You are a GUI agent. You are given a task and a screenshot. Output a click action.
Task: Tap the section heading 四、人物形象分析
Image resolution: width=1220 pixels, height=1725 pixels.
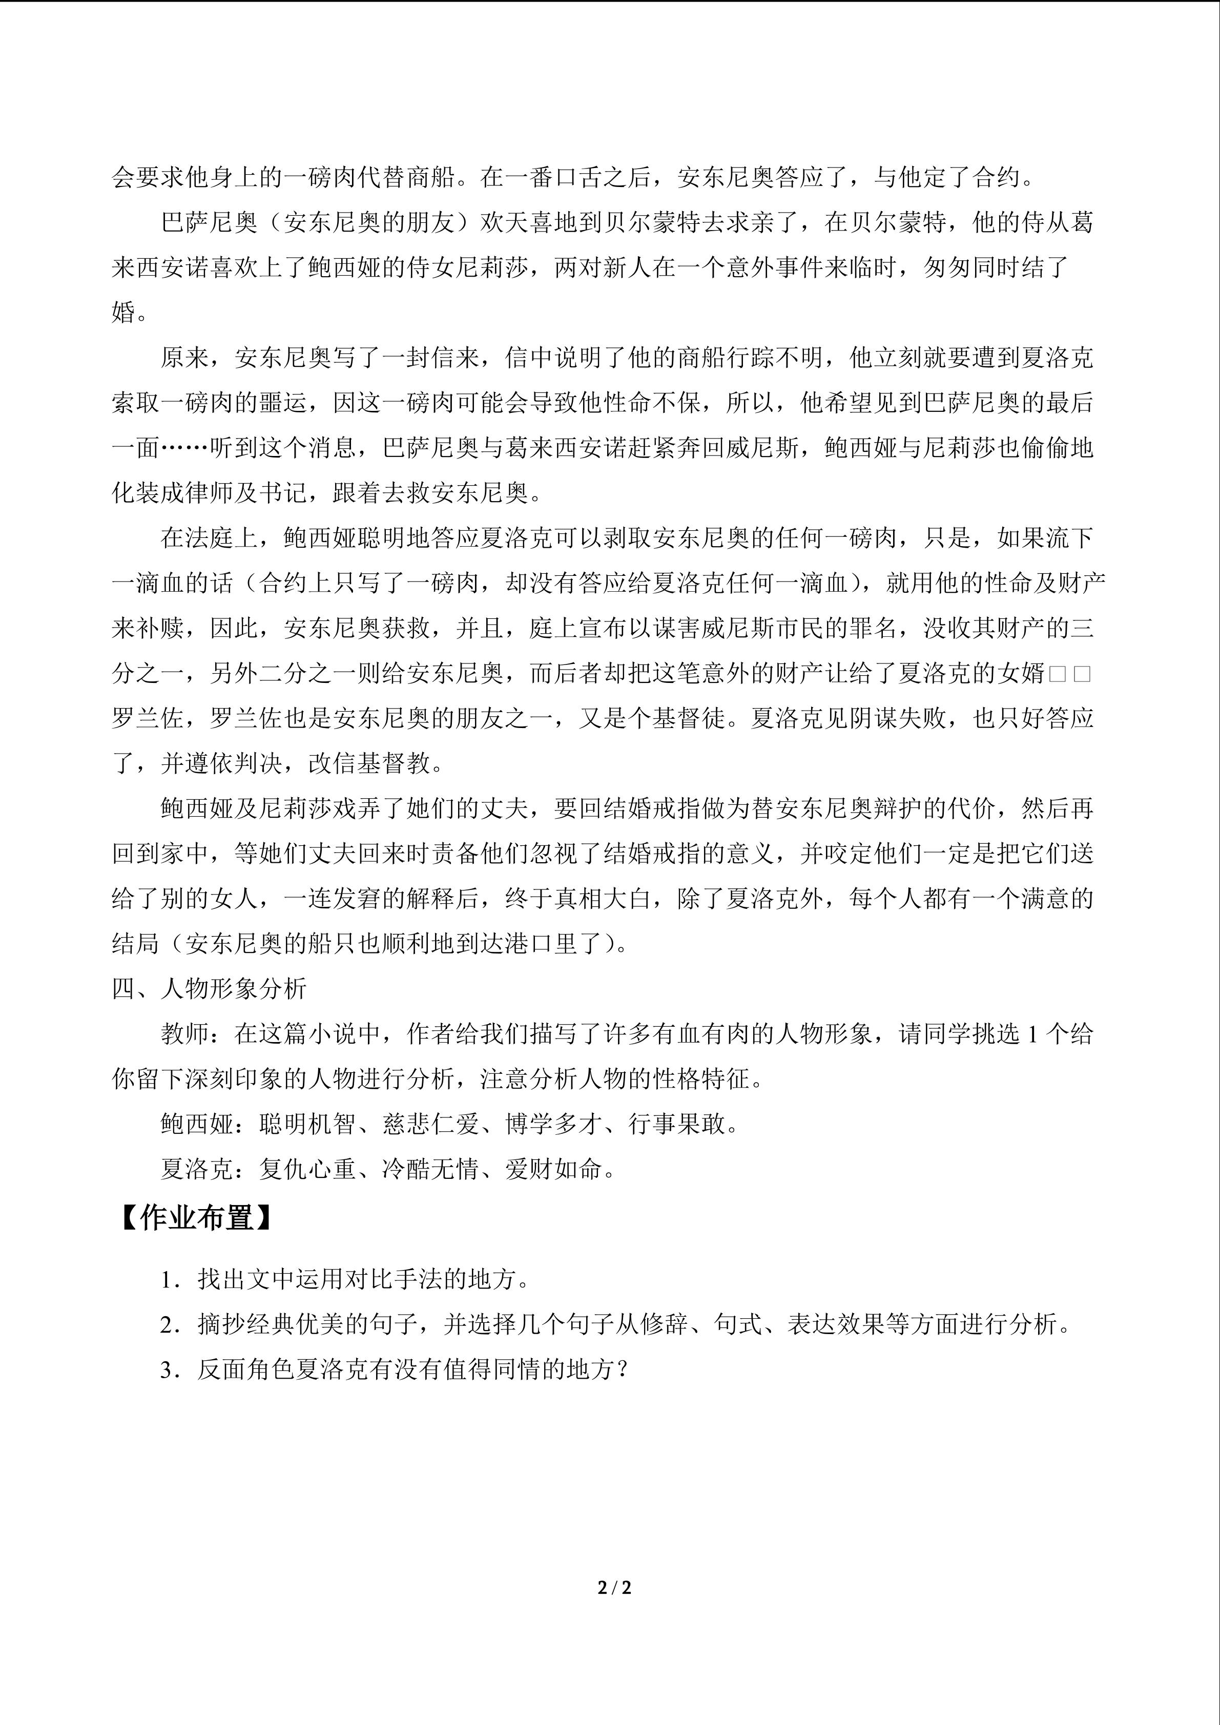(210, 989)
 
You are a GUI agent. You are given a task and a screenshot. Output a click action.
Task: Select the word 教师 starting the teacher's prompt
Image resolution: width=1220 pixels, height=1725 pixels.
(185, 1034)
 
